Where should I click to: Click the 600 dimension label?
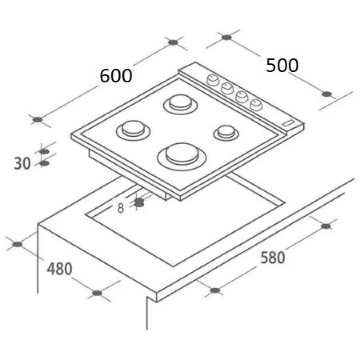[x=116, y=76]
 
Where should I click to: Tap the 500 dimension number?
[x=282, y=65]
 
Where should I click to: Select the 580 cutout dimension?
[x=273, y=257]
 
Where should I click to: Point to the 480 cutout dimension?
[x=59, y=269]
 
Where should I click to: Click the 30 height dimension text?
[x=22, y=163]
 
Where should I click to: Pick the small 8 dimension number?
[x=121, y=208]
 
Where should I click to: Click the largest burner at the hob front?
[x=182, y=156]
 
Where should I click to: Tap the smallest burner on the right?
[x=226, y=133]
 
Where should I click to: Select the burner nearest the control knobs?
[x=181, y=104]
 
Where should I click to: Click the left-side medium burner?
[x=133, y=130]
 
